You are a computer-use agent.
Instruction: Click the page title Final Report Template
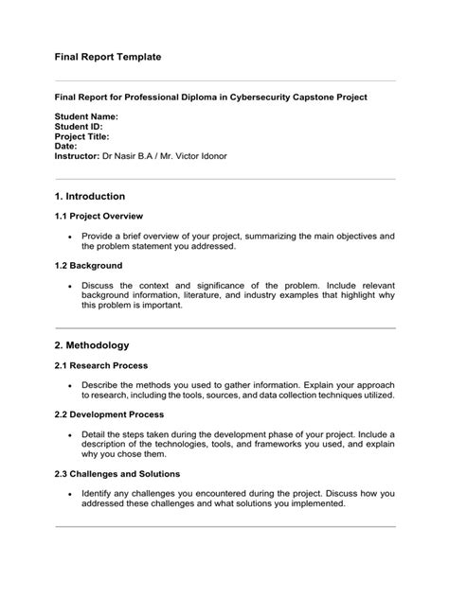click(107, 57)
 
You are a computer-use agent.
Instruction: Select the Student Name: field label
click(86, 116)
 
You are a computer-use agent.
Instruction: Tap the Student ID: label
click(78, 126)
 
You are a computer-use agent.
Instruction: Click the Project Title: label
click(82, 136)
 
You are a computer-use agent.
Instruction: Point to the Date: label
click(65, 146)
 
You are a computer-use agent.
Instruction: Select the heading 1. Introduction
click(90, 197)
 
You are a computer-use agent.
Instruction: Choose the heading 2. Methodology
click(92, 345)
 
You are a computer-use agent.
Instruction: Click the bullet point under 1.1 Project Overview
click(70, 236)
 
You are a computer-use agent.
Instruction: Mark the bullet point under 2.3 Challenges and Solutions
click(70, 493)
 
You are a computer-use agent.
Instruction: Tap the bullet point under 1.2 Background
click(70, 285)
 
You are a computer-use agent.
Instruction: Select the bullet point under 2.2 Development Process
click(70, 434)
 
